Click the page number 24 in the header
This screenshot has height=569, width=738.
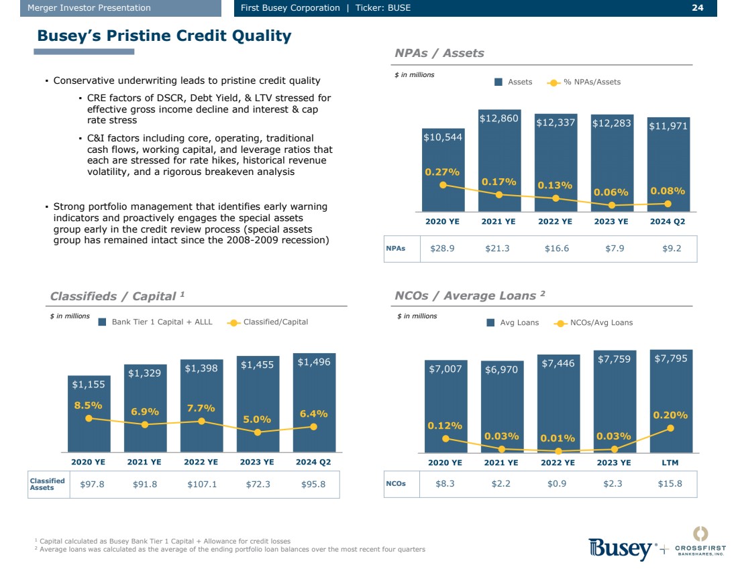pyautogui.click(x=697, y=8)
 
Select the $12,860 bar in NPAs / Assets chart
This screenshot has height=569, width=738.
pyautogui.click(x=499, y=161)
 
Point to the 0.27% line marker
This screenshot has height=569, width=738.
pyautogui.click(x=443, y=185)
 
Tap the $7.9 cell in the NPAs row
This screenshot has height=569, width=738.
pyautogui.click(x=611, y=248)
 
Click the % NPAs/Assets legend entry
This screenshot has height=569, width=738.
pyautogui.click(x=584, y=82)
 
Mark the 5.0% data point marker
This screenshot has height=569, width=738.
pyautogui.click(x=258, y=432)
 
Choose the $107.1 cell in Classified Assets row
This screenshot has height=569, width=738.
pyautogui.click(x=202, y=484)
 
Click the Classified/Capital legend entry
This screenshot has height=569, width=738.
pyautogui.click(x=268, y=322)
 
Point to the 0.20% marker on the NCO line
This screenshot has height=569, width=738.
pyautogui.click(x=671, y=428)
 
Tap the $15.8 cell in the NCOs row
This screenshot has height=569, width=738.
pyautogui.click(x=670, y=483)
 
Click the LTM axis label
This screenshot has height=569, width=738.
pyautogui.click(x=671, y=462)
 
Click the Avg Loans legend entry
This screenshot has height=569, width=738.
pyautogui.click(x=513, y=323)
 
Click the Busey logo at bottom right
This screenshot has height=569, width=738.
pyautogui.click(x=621, y=549)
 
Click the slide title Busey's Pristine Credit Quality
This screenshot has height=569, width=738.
pyautogui.click(x=164, y=36)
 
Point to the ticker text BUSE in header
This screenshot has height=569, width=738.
pyautogui.click(x=397, y=8)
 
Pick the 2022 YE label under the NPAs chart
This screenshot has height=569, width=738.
pyautogui.click(x=555, y=221)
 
